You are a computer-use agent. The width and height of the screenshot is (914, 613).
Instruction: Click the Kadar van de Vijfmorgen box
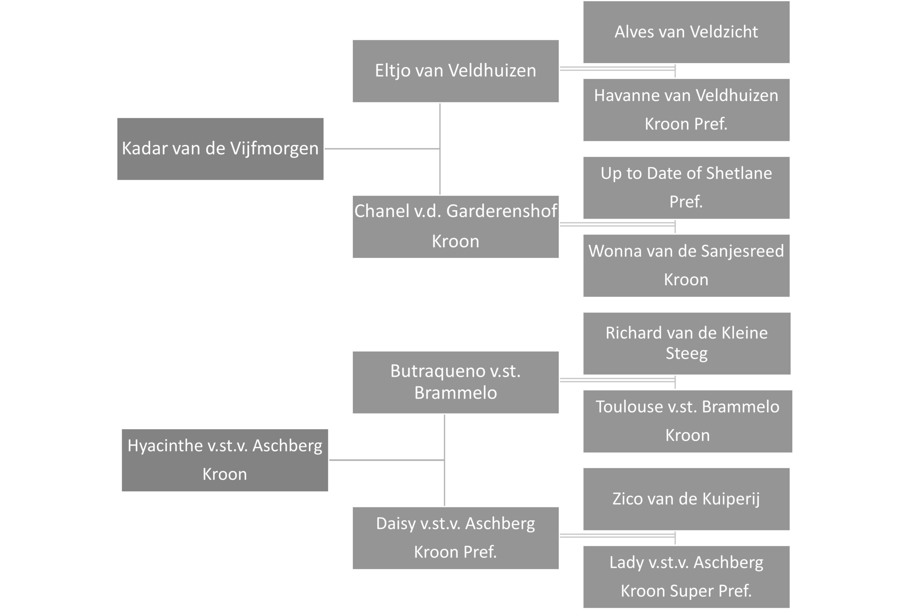pyautogui.click(x=220, y=149)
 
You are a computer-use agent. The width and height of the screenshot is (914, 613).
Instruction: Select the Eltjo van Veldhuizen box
pyautogui.click(x=456, y=71)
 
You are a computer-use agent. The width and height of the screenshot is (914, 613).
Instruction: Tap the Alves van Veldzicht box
pyautogui.click(x=686, y=32)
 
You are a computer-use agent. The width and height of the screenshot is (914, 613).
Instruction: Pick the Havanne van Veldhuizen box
pyautogui.click(x=686, y=110)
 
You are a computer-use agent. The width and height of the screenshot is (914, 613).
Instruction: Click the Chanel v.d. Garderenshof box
pyautogui.click(x=456, y=227)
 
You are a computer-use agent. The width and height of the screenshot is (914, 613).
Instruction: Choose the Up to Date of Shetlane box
pyautogui.click(x=686, y=188)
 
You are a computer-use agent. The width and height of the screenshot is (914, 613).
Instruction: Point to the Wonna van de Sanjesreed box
pyautogui.click(x=686, y=265)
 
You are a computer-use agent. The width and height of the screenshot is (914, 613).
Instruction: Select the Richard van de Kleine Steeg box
pyautogui.click(x=687, y=343)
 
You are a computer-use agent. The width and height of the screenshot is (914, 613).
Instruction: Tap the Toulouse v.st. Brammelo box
pyautogui.click(x=688, y=421)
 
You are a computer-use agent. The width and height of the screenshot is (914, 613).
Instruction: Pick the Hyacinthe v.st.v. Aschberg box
pyautogui.click(x=225, y=460)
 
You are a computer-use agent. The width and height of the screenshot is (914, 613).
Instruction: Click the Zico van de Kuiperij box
pyautogui.click(x=686, y=499)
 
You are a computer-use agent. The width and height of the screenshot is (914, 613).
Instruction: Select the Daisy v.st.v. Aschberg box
pyautogui.click(x=456, y=538)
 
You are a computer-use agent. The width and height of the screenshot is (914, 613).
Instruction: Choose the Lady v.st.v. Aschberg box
pyautogui.click(x=686, y=577)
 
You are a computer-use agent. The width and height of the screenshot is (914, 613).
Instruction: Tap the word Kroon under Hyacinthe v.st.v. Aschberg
pyautogui.click(x=225, y=474)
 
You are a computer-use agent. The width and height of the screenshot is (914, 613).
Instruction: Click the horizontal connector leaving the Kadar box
pyautogui.click(x=382, y=148)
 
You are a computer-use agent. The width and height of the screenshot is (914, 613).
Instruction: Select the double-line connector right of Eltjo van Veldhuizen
pyautogui.click(x=618, y=69)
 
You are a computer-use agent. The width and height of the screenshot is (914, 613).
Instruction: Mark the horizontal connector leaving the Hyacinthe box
pyautogui.click(x=387, y=460)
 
